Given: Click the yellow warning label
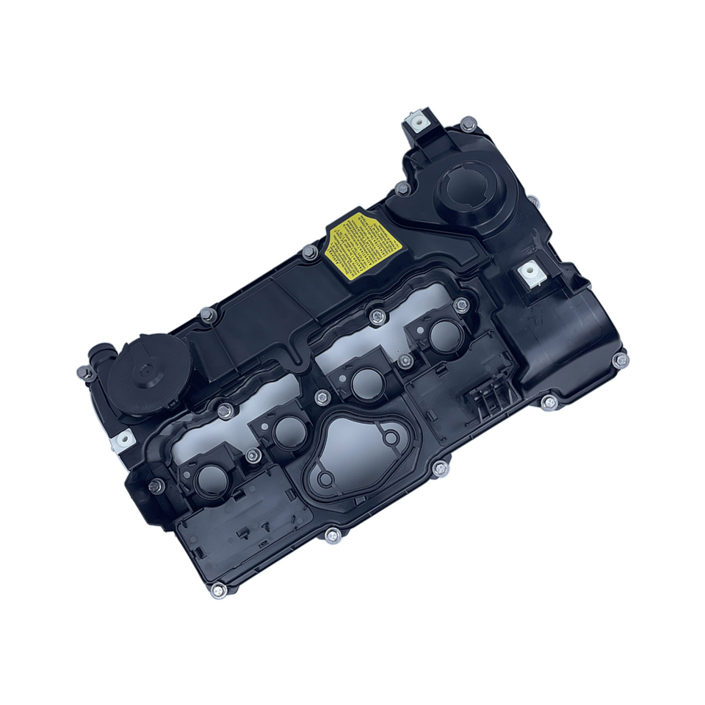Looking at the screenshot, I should tap(358, 242).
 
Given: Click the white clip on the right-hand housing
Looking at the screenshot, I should tap(531, 275).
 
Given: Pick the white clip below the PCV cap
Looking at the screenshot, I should tap(122, 440).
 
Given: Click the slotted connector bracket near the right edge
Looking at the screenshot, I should tap(490, 397).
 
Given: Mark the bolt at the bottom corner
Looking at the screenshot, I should tap(218, 590).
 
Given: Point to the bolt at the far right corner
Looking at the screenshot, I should tap(621, 360).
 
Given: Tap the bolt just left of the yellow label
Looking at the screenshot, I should tap(308, 253).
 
